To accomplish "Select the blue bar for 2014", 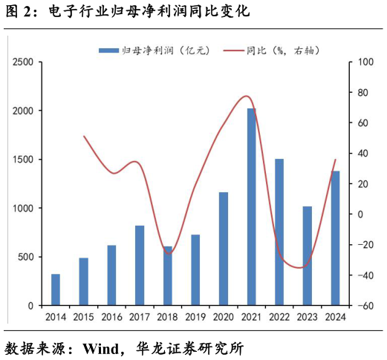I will pyautogui.click(x=56, y=289).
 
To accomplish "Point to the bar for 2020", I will pyautogui.click(x=224, y=249).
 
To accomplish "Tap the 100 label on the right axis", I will pyautogui.click(x=364, y=62).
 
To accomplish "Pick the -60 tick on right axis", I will pyautogui.click(x=364, y=305).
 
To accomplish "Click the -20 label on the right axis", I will pyautogui.click(x=364, y=245).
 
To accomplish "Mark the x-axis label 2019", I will pyautogui.click(x=195, y=317).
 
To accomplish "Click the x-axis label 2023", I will pyautogui.click(x=307, y=317).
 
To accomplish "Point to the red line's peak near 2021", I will pyautogui.click(x=247, y=96).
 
